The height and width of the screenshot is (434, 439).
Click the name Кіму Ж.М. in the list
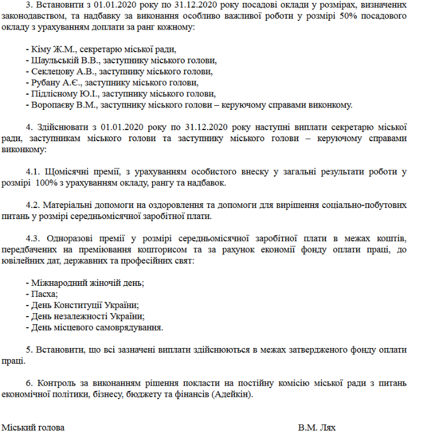coord(53,50)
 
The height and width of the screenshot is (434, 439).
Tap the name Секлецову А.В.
coord(62,72)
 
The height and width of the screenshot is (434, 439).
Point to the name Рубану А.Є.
coord(56,83)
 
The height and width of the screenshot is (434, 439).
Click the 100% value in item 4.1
coord(47,182)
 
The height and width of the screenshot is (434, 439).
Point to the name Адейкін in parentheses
coord(234,394)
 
